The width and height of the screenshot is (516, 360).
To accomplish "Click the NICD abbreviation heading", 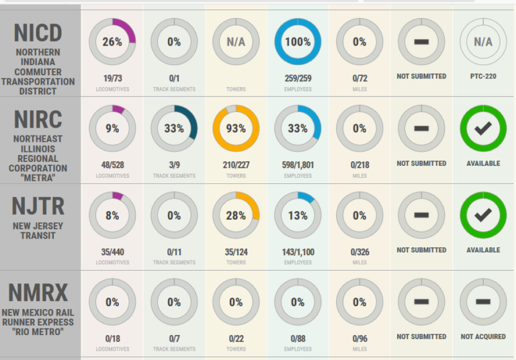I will [x=38, y=32].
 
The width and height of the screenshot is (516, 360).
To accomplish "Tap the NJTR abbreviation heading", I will [x=38, y=206].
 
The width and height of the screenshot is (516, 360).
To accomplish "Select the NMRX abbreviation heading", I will [x=38, y=293].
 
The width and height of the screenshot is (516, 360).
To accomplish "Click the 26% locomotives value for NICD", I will [x=112, y=42].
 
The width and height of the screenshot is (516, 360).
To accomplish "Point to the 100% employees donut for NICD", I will [x=298, y=42].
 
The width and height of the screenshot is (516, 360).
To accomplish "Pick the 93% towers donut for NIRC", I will [x=236, y=128].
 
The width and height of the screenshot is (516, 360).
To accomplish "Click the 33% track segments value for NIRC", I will [x=174, y=128].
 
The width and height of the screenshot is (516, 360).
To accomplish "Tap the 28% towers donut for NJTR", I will [x=236, y=216].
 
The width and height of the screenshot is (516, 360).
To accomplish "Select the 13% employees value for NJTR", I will [x=298, y=216].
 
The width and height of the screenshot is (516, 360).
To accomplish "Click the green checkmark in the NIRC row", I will [x=483, y=128].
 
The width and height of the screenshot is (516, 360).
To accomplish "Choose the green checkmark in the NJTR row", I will [x=483, y=216].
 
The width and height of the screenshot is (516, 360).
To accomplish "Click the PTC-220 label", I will [x=483, y=77].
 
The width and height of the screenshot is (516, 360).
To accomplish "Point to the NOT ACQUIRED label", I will [x=483, y=336].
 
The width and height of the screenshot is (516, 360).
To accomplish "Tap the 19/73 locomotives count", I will [x=112, y=79].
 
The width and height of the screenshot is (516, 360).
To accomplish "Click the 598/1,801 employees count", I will [x=298, y=165].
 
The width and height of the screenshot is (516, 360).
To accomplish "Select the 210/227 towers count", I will [x=236, y=165].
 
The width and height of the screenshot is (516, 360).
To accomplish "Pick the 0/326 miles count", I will [x=359, y=253].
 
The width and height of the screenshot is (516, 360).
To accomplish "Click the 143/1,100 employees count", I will [x=298, y=253].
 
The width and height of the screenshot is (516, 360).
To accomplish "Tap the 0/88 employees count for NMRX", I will [x=298, y=339].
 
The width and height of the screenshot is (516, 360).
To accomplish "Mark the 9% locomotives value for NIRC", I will [x=112, y=128].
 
